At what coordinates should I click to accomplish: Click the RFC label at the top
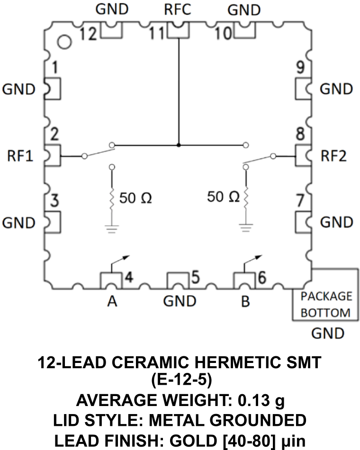178,10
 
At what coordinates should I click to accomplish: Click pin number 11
157,34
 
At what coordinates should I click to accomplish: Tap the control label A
112,301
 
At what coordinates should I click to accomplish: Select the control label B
245,301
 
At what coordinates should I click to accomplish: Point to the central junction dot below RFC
179,144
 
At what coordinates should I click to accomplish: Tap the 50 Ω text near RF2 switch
223,196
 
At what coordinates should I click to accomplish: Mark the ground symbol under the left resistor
112,229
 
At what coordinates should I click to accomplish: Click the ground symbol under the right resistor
245,229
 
